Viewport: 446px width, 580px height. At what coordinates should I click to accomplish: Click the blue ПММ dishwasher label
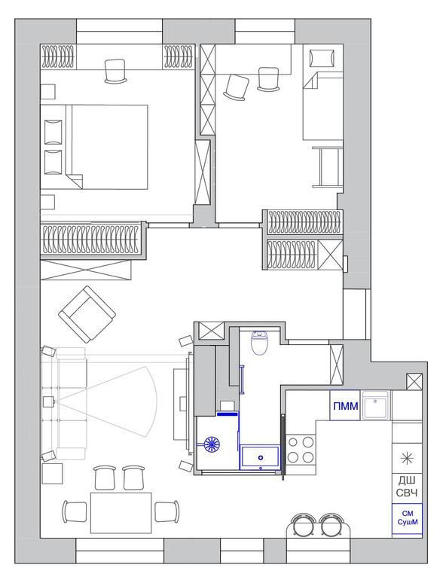345,406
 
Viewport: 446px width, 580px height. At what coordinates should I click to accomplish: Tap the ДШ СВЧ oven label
406,487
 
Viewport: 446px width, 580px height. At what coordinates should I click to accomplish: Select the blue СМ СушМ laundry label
408,518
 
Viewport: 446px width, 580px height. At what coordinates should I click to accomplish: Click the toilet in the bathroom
259,343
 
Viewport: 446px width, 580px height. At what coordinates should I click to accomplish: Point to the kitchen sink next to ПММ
375,405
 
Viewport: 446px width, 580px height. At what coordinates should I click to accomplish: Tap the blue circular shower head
212,444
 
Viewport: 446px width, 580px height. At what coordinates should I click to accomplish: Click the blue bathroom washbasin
260,457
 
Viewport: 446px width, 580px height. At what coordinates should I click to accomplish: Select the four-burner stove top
301,450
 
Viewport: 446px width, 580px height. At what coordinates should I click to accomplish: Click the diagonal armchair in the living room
87,314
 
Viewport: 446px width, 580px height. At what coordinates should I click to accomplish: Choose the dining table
121,513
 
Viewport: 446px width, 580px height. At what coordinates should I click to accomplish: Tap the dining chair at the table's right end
166,511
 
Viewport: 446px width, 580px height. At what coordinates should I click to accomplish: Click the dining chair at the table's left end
75,511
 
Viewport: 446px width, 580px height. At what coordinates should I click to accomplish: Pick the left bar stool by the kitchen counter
303,525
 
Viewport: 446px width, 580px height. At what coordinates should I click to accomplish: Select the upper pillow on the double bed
53,132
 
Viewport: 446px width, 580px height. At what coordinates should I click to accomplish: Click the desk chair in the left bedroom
116,72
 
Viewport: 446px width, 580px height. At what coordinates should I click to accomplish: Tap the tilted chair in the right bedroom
236,87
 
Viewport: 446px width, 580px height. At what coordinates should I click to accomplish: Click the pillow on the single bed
322,58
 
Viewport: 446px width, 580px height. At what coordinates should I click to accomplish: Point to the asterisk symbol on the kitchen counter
407,459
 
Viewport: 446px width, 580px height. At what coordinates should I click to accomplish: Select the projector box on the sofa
48,401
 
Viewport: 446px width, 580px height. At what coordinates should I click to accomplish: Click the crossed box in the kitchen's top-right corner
414,382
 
